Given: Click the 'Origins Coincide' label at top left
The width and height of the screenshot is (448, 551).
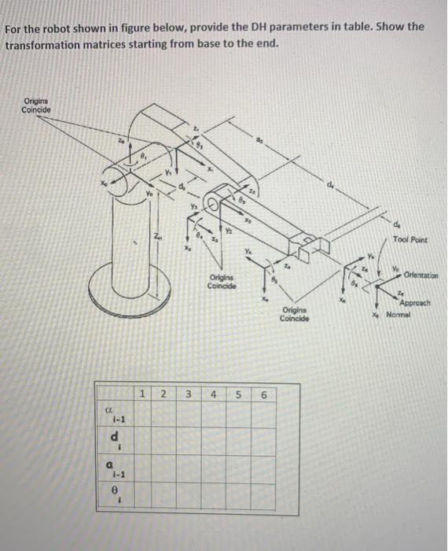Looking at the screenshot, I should coord(37,105).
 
